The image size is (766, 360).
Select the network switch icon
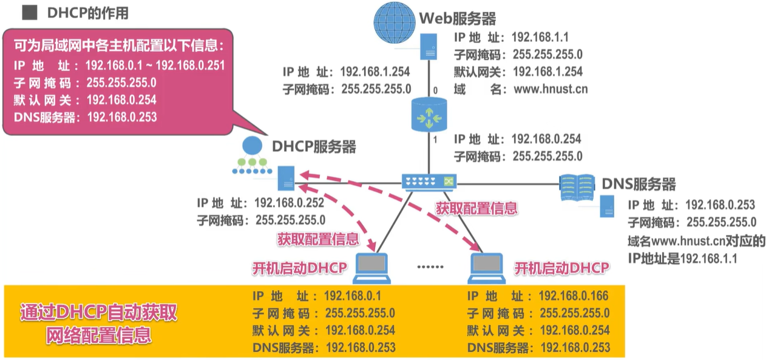coord(429,181)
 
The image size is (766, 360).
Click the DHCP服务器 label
coord(314,146)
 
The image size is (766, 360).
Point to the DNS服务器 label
coord(639,183)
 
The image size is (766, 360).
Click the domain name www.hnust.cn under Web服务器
coord(551,89)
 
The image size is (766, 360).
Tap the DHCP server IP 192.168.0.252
coord(289,203)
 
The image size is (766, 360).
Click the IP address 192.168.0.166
coord(573,296)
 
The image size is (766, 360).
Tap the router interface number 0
coord(435,91)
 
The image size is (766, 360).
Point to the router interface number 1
coord(435,141)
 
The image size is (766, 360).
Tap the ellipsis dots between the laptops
coord(431,267)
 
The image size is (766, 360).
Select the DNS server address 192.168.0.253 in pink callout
coord(122,117)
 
